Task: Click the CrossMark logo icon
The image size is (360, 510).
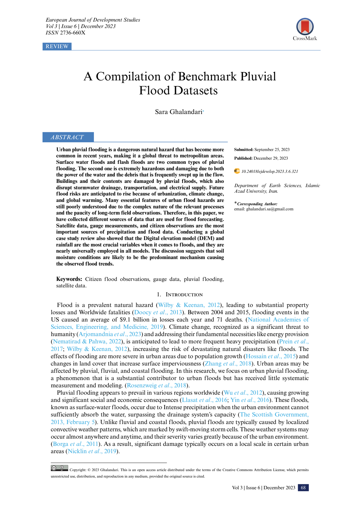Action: [305, 27]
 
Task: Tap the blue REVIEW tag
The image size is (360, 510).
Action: [57, 46]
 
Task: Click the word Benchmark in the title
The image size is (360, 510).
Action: [207, 76]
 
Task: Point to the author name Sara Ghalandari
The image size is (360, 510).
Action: [178, 112]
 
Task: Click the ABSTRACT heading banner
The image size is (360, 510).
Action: [68, 137]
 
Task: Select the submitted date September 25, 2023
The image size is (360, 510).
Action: [272, 150]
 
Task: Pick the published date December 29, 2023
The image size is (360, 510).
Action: [271, 158]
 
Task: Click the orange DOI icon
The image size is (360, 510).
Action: [237, 171]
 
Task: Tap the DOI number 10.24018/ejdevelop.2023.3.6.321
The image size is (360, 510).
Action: [270, 171]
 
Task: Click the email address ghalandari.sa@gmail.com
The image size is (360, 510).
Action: [270, 209]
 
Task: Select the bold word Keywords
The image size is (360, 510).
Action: [69, 279]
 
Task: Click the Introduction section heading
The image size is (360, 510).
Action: [184, 295]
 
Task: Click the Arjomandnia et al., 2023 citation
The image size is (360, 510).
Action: [110, 334]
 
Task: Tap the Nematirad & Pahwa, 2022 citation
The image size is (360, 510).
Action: [87, 341]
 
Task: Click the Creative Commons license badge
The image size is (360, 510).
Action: [59, 468]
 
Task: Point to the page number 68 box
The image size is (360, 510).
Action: [303, 488]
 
